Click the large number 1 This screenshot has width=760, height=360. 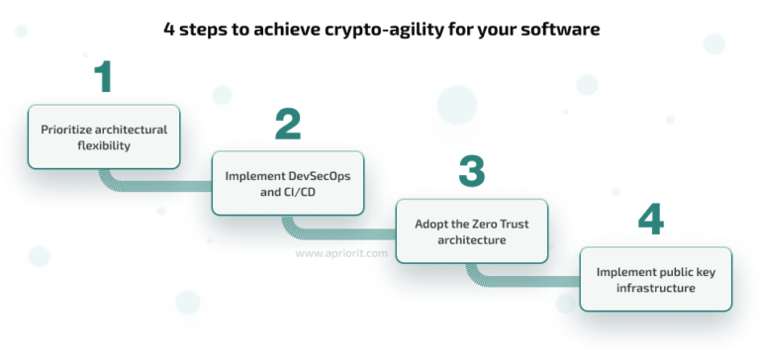(103, 77)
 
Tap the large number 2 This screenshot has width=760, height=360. (287, 125)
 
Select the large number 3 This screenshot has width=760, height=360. (471, 171)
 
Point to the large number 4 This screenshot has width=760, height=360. (650, 219)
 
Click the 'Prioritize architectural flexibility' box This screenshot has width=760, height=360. (103, 137)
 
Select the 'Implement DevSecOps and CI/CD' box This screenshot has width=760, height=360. (287, 184)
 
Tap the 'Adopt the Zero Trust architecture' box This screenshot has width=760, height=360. (471, 231)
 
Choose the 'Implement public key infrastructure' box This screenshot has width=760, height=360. (655, 279)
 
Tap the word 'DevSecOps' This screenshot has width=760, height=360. (316, 176)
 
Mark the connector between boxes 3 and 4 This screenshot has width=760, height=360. (515, 280)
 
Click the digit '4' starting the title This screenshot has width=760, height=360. (168, 30)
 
